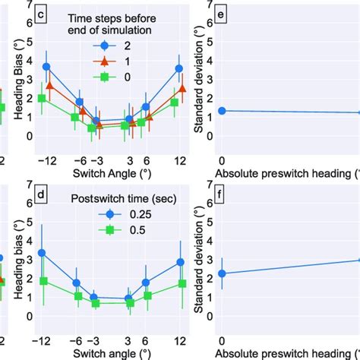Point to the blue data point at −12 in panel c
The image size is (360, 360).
46,67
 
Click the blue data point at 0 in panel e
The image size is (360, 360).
222,111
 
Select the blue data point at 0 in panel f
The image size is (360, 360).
222,273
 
